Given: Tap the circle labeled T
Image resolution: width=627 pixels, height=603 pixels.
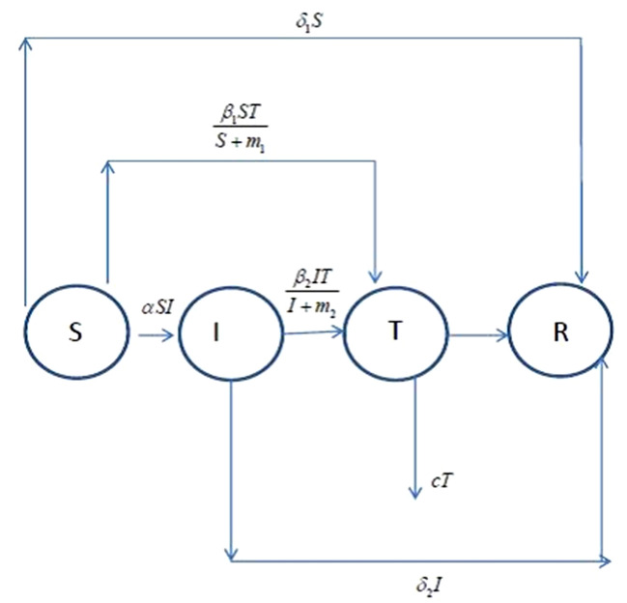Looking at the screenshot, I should (x=394, y=331).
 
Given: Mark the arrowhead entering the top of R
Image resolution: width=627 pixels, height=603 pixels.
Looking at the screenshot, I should (x=582, y=277).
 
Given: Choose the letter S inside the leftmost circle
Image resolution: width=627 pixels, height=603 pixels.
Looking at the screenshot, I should (x=74, y=332).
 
